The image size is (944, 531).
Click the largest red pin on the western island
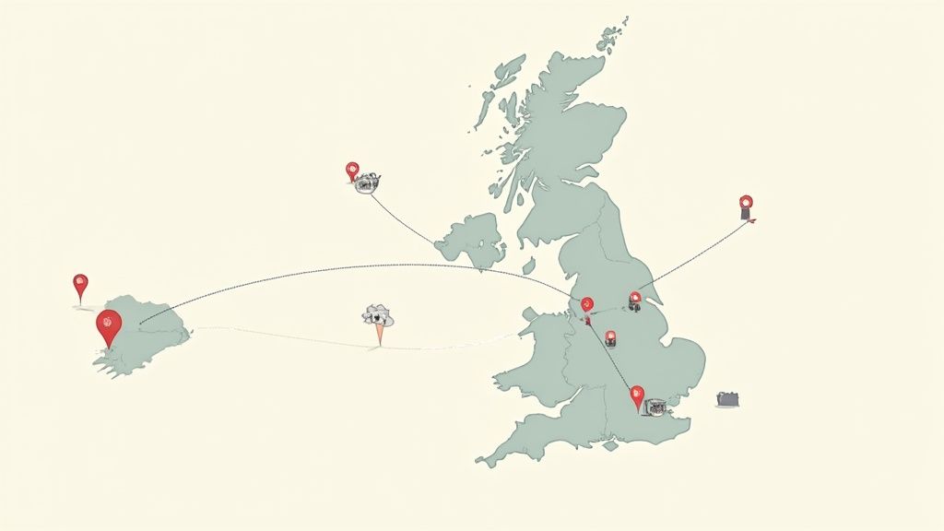[x=108, y=324]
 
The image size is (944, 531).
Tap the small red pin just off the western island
[x=80, y=284]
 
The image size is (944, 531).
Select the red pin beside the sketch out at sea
[x=351, y=170]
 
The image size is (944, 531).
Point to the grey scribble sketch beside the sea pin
[x=369, y=183]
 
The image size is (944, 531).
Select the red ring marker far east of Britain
[x=746, y=202]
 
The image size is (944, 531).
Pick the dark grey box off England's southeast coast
[x=728, y=399]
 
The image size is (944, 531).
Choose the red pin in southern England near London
[x=636, y=395]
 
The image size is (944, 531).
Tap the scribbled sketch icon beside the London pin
[x=655, y=406]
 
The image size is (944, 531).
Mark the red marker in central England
[x=610, y=337]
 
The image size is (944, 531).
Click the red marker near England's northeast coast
[x=634, y=299]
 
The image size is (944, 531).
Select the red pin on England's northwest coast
[x=587, y=304]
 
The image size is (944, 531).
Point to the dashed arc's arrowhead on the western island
[x=141, y=322]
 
